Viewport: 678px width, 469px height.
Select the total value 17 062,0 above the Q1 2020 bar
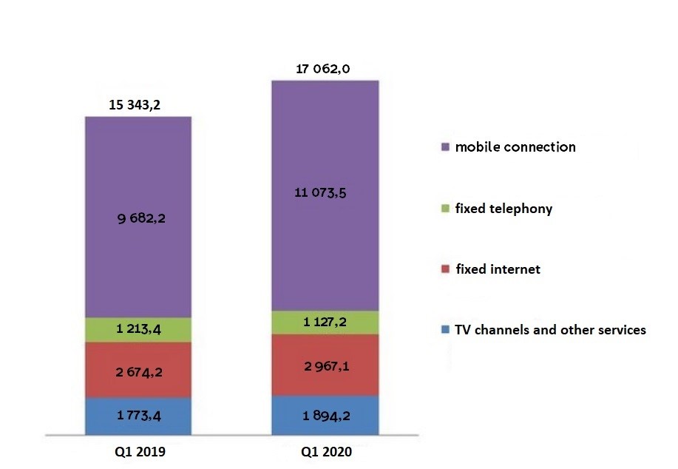coord(322,69)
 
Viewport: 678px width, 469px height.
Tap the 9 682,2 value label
coord(138,219)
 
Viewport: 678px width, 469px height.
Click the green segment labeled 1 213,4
coord(138,330)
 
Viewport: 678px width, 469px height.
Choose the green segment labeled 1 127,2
coord(325,322)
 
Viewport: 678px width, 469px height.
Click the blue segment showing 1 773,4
coord(138,417)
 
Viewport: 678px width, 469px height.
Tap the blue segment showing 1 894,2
coord(325,416)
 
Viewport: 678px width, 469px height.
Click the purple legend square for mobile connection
coord(444,147)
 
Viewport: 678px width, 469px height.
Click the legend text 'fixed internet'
coord(498,269)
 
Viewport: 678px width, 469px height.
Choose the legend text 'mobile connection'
coord(515,146)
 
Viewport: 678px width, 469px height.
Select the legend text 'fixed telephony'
coord(504,209)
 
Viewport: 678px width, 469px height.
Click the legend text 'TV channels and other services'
coord(550,330)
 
